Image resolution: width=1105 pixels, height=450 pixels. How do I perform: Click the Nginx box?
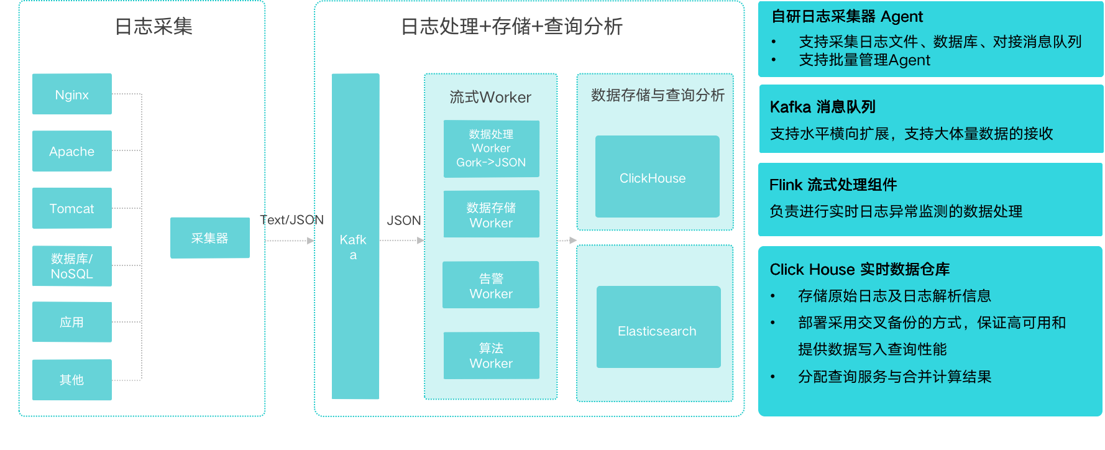click(72, 94)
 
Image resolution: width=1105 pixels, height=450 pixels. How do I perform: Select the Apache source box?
click(72, 151)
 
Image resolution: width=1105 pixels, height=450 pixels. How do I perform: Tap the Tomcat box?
click(72, 208)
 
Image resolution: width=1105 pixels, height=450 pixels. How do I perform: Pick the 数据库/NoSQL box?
click(72, 266)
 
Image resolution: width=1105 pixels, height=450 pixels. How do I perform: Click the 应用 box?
click(72, 322)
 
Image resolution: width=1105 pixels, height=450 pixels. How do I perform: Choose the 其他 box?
click(72, 380)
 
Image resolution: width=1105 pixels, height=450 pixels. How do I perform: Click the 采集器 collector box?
click(210, 238)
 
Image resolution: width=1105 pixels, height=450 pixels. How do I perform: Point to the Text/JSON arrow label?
click(292, 220)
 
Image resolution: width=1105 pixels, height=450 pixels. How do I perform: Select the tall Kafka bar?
click(355, 236)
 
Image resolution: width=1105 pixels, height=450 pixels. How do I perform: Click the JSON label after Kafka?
click(404, 221)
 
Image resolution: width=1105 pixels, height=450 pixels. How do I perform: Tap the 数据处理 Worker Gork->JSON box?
click(491, 149)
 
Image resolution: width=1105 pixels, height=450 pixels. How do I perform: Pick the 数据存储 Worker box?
click(491, 214)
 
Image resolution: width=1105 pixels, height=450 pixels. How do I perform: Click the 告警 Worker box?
click(491, 285)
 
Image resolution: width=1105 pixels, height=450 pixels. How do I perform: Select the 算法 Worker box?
click(491, 356)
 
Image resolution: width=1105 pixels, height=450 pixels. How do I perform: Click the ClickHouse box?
click(657, 177)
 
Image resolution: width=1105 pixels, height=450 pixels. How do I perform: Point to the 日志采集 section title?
click(154, 27)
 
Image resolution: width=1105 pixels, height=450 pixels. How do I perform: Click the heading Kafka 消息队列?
click(822, 107)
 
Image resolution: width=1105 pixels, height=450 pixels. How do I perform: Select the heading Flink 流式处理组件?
click(833, 185)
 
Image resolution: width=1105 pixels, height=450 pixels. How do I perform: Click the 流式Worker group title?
click(490, 98)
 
